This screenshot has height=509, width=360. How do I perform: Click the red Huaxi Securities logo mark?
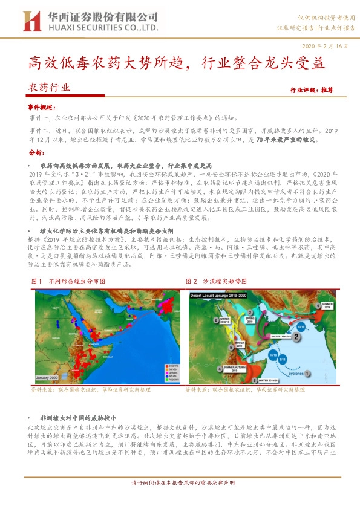[31, 21]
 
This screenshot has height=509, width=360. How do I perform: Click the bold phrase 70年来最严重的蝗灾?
[283, 139]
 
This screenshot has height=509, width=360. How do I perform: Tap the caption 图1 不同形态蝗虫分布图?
[67, 264]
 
